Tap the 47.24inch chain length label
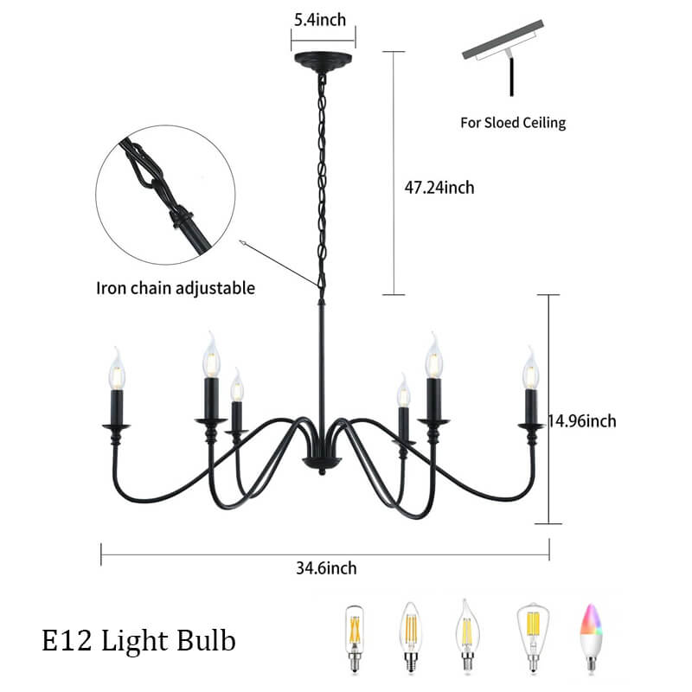(439, 187)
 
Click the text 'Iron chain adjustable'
(176, 288)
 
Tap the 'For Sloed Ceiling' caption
(512, 122)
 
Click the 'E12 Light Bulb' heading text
(138, 641)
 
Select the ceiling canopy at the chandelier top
(323, 61)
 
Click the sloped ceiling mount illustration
(504, 52)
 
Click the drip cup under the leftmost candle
(116, 426)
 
